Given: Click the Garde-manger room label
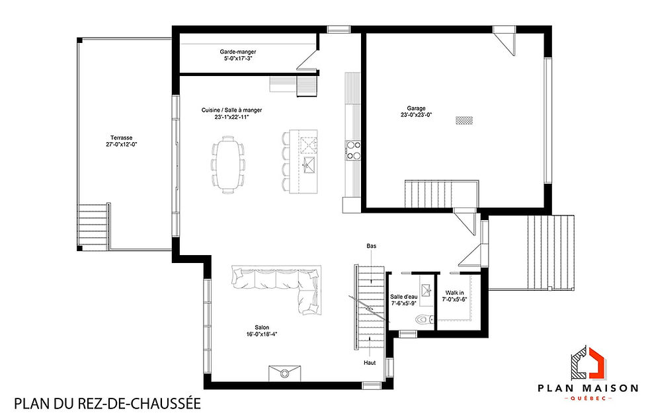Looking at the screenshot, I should [238, 52].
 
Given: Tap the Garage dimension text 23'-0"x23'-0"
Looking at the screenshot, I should [416, 114].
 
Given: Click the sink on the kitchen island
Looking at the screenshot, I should [308, 164].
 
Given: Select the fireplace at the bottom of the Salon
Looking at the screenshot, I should [285, 373].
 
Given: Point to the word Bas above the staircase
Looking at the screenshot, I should [371, 246].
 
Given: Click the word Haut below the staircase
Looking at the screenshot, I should [370, 363].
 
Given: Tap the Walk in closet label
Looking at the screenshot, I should [454, 292].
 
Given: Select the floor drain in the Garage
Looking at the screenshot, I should [465, 120].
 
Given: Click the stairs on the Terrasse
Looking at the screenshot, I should [93, 226].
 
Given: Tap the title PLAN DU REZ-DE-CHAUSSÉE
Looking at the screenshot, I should [106, 402].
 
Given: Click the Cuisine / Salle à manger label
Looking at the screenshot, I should [231, 110].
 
